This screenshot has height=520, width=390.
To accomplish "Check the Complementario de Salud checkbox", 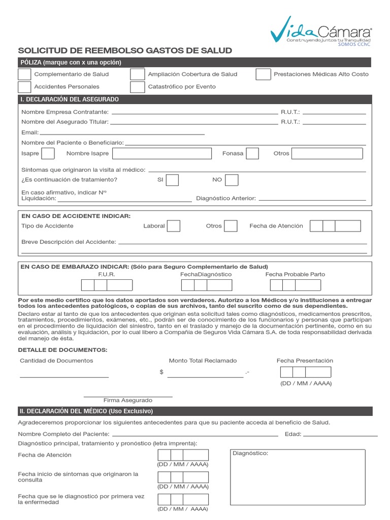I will coord(24,74).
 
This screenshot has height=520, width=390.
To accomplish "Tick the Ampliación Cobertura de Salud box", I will coord(137,74).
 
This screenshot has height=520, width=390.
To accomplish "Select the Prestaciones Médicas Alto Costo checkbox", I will coord(263,74).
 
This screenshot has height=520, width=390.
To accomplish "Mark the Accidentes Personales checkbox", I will coord(24,87).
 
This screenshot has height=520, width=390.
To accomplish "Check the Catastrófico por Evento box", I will coord(137,87).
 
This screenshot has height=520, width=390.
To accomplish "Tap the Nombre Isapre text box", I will coord(161,153).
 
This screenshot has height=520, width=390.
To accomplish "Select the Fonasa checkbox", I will coord(252,153).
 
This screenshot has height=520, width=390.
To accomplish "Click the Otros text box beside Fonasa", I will coord(327,153).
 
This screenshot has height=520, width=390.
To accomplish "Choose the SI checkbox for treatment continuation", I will coord(173,180).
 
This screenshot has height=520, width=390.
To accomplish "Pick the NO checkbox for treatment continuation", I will coord(232,180).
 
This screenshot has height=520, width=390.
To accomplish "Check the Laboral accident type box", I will coord(174,226).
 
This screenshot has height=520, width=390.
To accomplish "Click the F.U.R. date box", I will coord(107,285).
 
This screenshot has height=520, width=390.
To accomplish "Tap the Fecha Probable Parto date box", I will coord(295,285).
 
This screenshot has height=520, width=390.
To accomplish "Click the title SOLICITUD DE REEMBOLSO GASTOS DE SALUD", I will coord(125,50).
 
